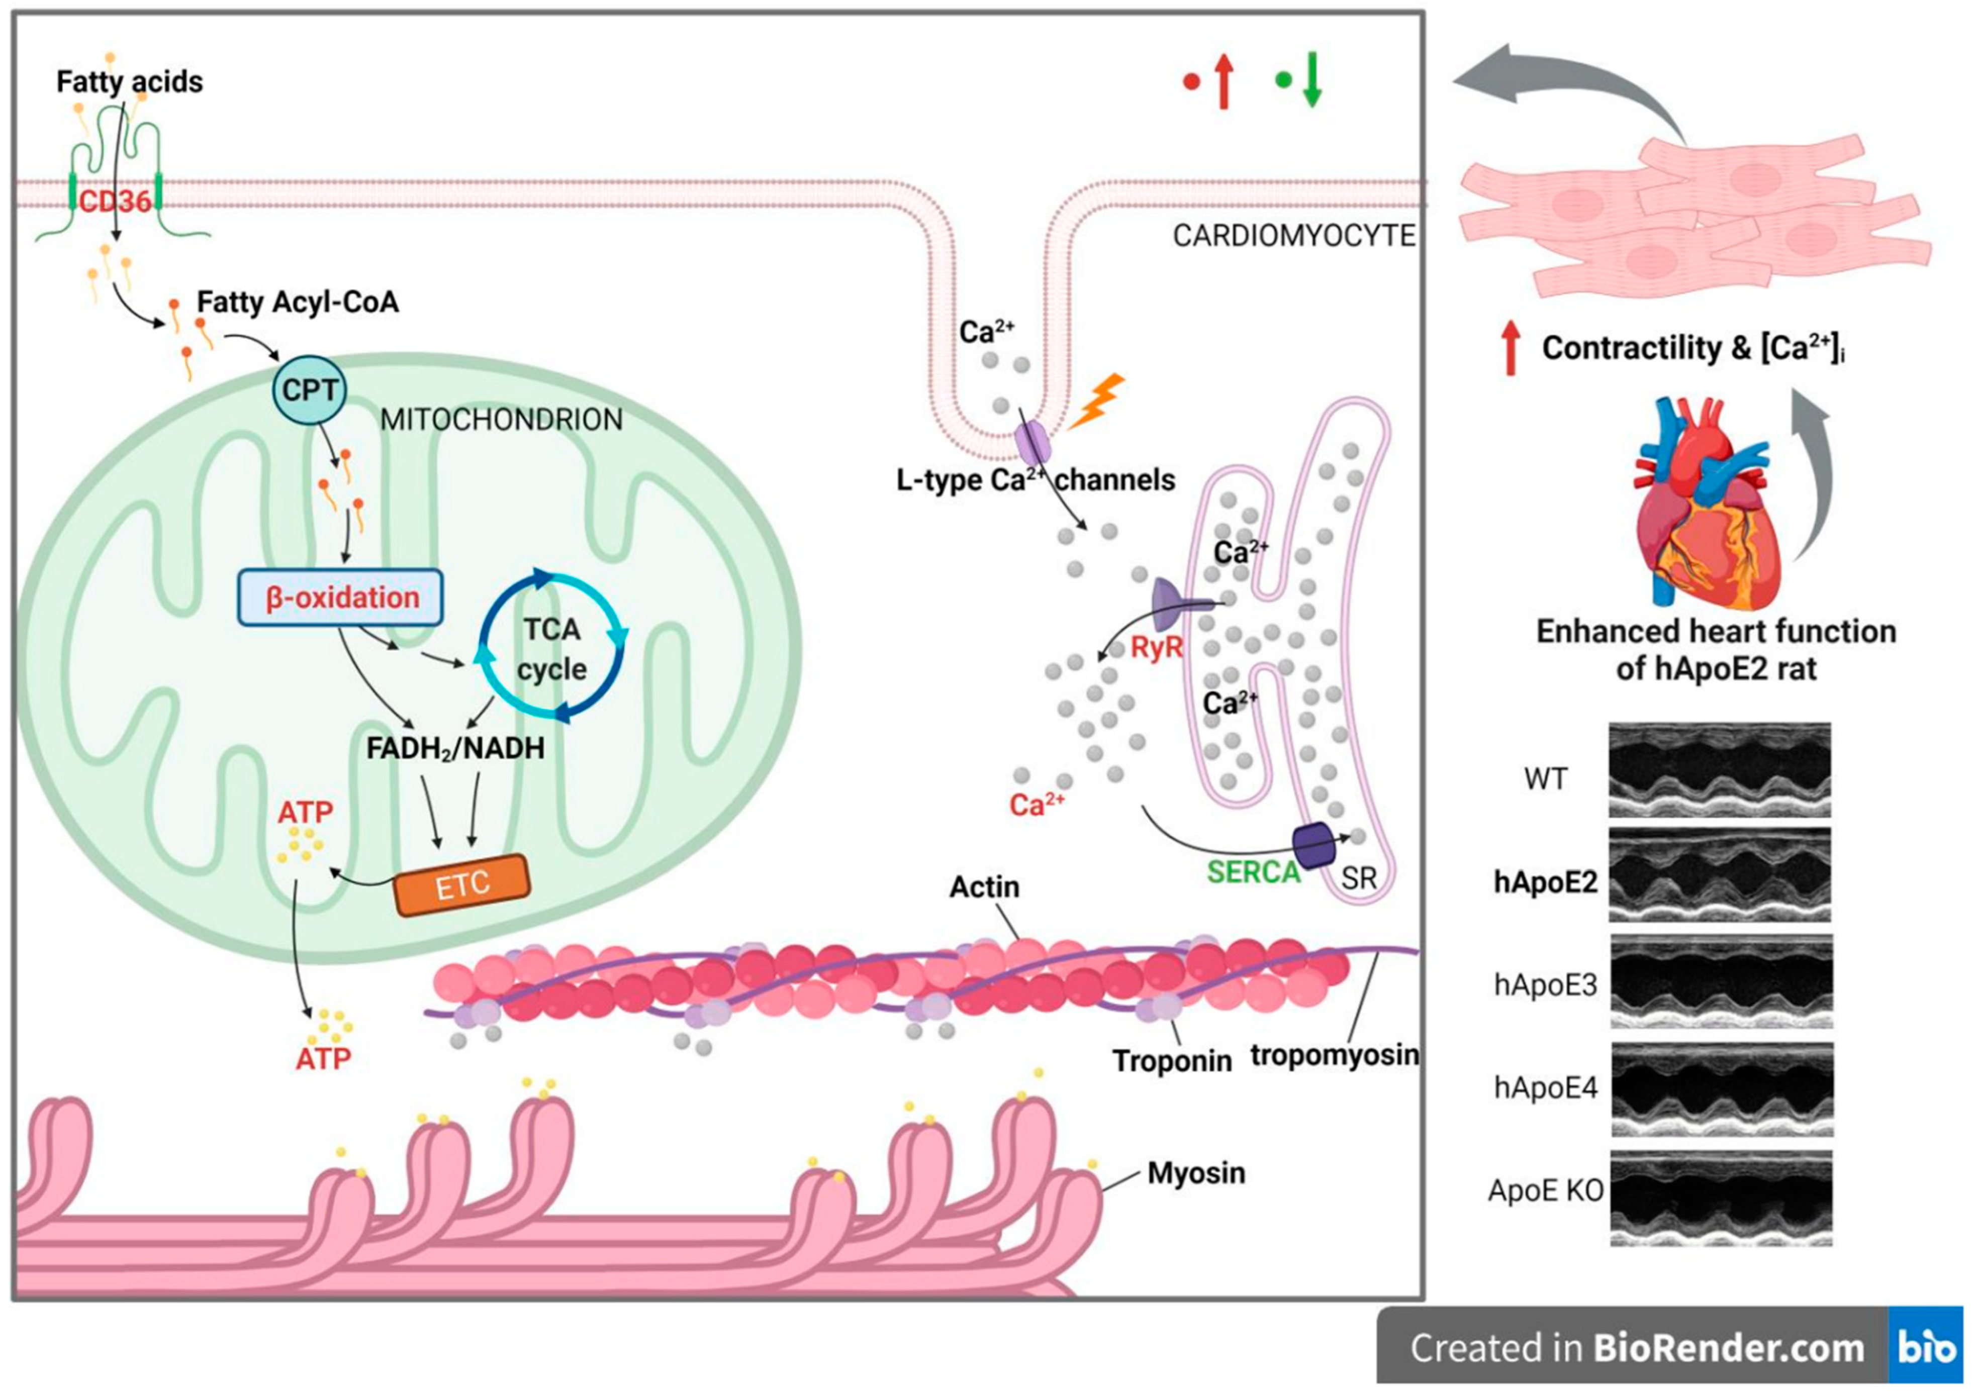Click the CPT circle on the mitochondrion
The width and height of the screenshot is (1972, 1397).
[310, 390]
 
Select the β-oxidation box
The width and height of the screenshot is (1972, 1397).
[341, 597]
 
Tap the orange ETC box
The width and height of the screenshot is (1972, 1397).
[462, 884]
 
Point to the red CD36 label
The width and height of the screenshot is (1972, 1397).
[115, 202]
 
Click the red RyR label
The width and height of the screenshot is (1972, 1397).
[1156, 648]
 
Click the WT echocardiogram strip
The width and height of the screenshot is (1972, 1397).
[1719, 770]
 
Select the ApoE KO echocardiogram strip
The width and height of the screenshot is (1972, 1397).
[1720, 1198]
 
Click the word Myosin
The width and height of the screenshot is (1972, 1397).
[1196, 1173]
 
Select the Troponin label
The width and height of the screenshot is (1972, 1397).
[1172, 1061]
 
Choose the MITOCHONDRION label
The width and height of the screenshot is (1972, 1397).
[502, 420]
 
